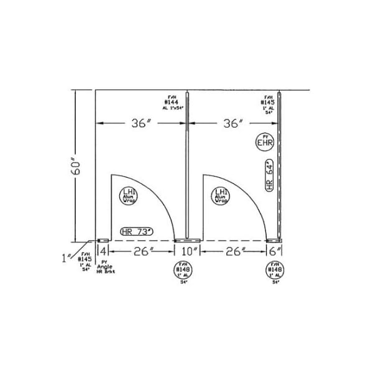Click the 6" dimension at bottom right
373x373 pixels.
(274, 251)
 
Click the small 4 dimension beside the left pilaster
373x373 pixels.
(103, 251)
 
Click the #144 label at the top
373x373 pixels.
(172, 102)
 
